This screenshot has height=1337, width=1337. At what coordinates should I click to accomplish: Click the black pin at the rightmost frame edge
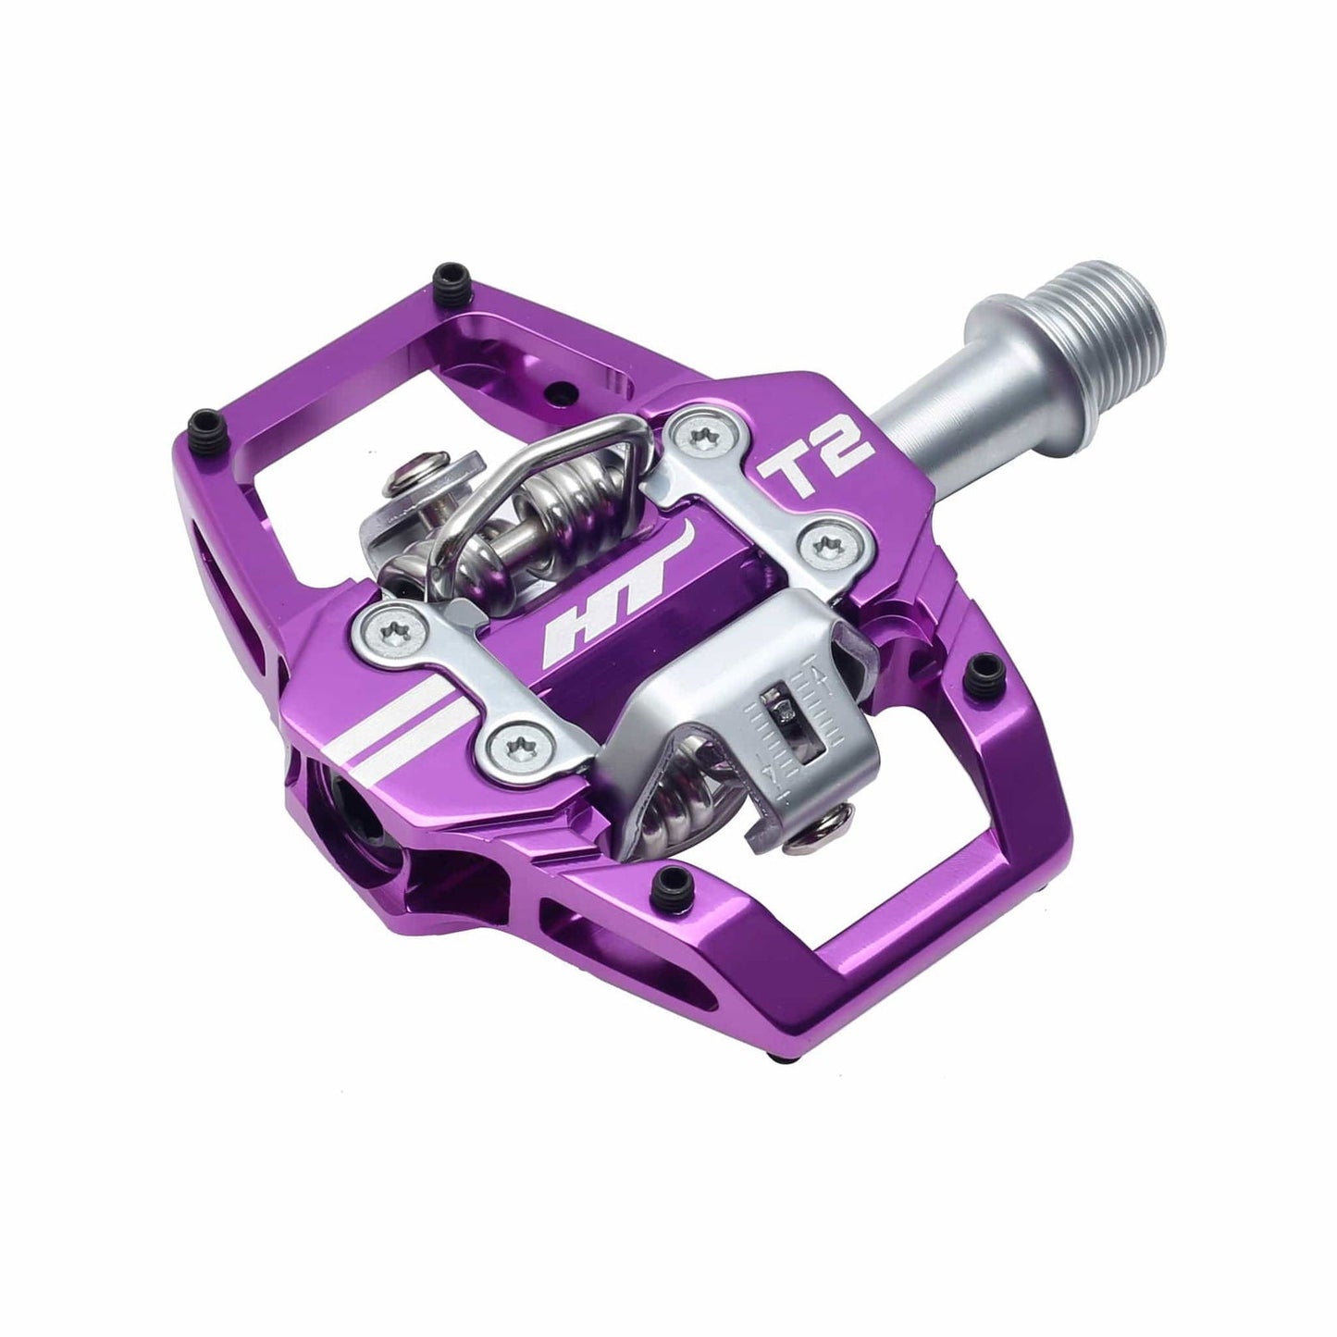pyautogui.click(x=983, y=666)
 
